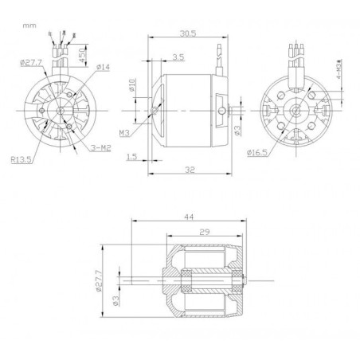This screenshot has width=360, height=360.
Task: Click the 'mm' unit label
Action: pyautogui.click(x=29, y=25)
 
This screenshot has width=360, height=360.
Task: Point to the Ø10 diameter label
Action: pyautogui.click(x=131, y=84)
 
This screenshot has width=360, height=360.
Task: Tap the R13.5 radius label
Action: pyautogui.click(x=22, y=158)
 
